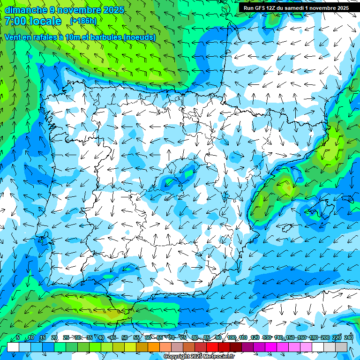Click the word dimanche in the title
click(x=26, y=10)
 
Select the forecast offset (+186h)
click(x=83, y=21)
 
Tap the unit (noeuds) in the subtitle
click(x=139, y=37)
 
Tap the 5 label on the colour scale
click(x=18, y=337)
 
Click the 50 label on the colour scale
click(x=124, y=337)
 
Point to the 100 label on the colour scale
click(x=232, y=337)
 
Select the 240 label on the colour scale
click(x=349, y=337)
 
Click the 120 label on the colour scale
click(x=255, y=337)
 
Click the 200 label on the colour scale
click(x=325, y=337)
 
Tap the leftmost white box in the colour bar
click(x=13, y=347)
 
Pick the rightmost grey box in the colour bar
click(x=341, y=347)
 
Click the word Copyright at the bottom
click(x=177, y=357)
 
